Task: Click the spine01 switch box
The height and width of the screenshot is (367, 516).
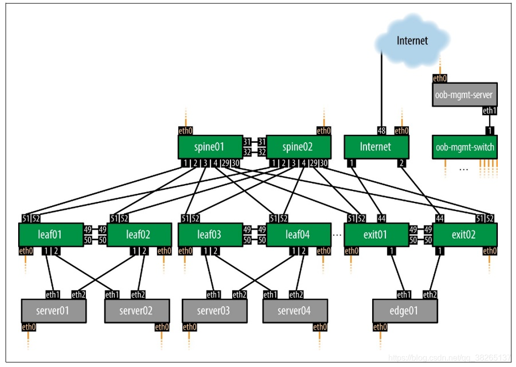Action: point(210,147)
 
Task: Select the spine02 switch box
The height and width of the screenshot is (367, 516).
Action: point(298,147)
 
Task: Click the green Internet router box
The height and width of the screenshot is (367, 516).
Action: point(376,147)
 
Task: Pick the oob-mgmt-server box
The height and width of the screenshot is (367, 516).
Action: point(465,94)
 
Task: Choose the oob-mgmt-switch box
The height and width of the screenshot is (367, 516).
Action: point(465,147)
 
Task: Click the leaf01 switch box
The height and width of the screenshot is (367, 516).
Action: point(50,235)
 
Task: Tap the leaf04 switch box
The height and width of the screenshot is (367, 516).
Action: point(298,235)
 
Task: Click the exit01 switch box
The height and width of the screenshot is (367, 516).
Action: point(376,235)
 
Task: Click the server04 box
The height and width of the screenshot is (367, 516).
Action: point(295,310)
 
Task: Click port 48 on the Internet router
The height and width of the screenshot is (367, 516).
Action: point(382,131)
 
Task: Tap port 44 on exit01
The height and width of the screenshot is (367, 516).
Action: point(382,218)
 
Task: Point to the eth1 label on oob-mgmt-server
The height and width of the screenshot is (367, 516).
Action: point(489,111)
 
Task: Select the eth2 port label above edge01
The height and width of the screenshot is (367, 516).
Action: point(430,294)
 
